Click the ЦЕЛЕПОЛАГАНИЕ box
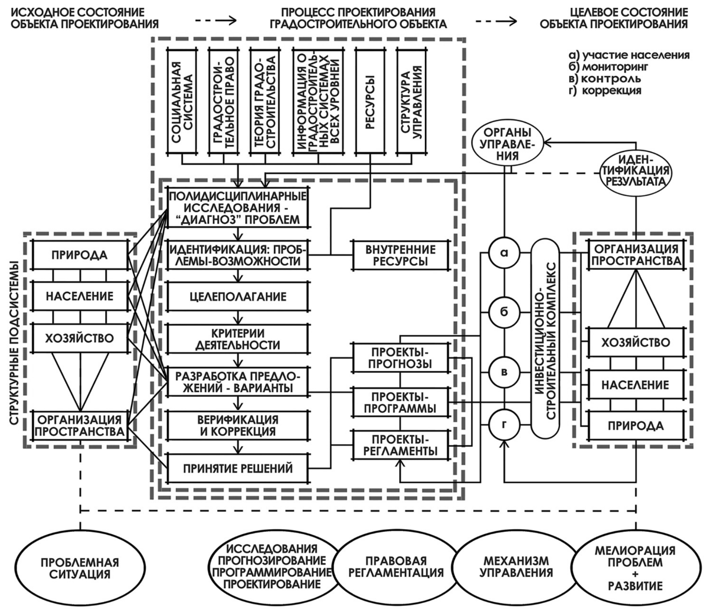click(x=238, y=296)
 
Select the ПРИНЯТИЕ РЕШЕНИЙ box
click(x=238, y=468)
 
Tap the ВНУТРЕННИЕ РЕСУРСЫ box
click(x=401, y=255)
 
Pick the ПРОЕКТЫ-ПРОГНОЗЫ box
click(x=401, y=357)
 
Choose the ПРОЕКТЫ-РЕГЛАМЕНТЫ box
click(x=401, y=445)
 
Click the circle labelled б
click(x=504, y=312)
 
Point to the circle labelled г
click(x=504, y=424)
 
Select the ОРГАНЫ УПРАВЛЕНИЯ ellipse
click(x=508, y=144)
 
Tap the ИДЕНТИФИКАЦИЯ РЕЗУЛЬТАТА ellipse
click(x=636, y=171)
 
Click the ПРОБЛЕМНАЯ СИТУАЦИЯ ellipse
click(x=79, y=568)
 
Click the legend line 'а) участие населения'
click(x=629, y=55)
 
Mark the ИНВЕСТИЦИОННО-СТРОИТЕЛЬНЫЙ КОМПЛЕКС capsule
click(x=545, y=338)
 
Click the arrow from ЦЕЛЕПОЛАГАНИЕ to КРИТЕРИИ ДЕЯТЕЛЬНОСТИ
click(x=238, y=318)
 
